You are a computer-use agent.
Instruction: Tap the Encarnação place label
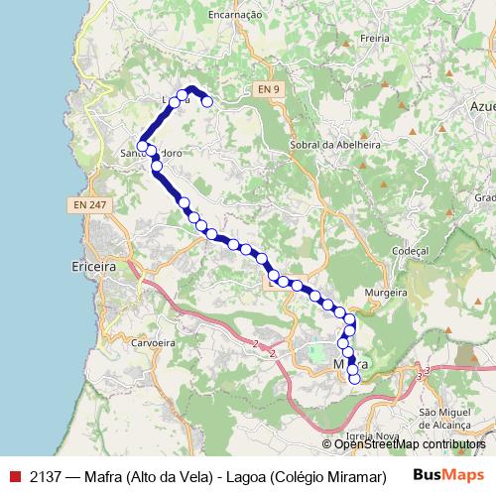(234, 15)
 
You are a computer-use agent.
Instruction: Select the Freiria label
(376, 39)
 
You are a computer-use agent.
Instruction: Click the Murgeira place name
(386, 294)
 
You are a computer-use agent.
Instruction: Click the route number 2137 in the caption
(47, 474)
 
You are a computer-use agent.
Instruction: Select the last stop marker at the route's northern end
(207, 101)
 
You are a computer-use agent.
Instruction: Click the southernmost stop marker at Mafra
(354, 379)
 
